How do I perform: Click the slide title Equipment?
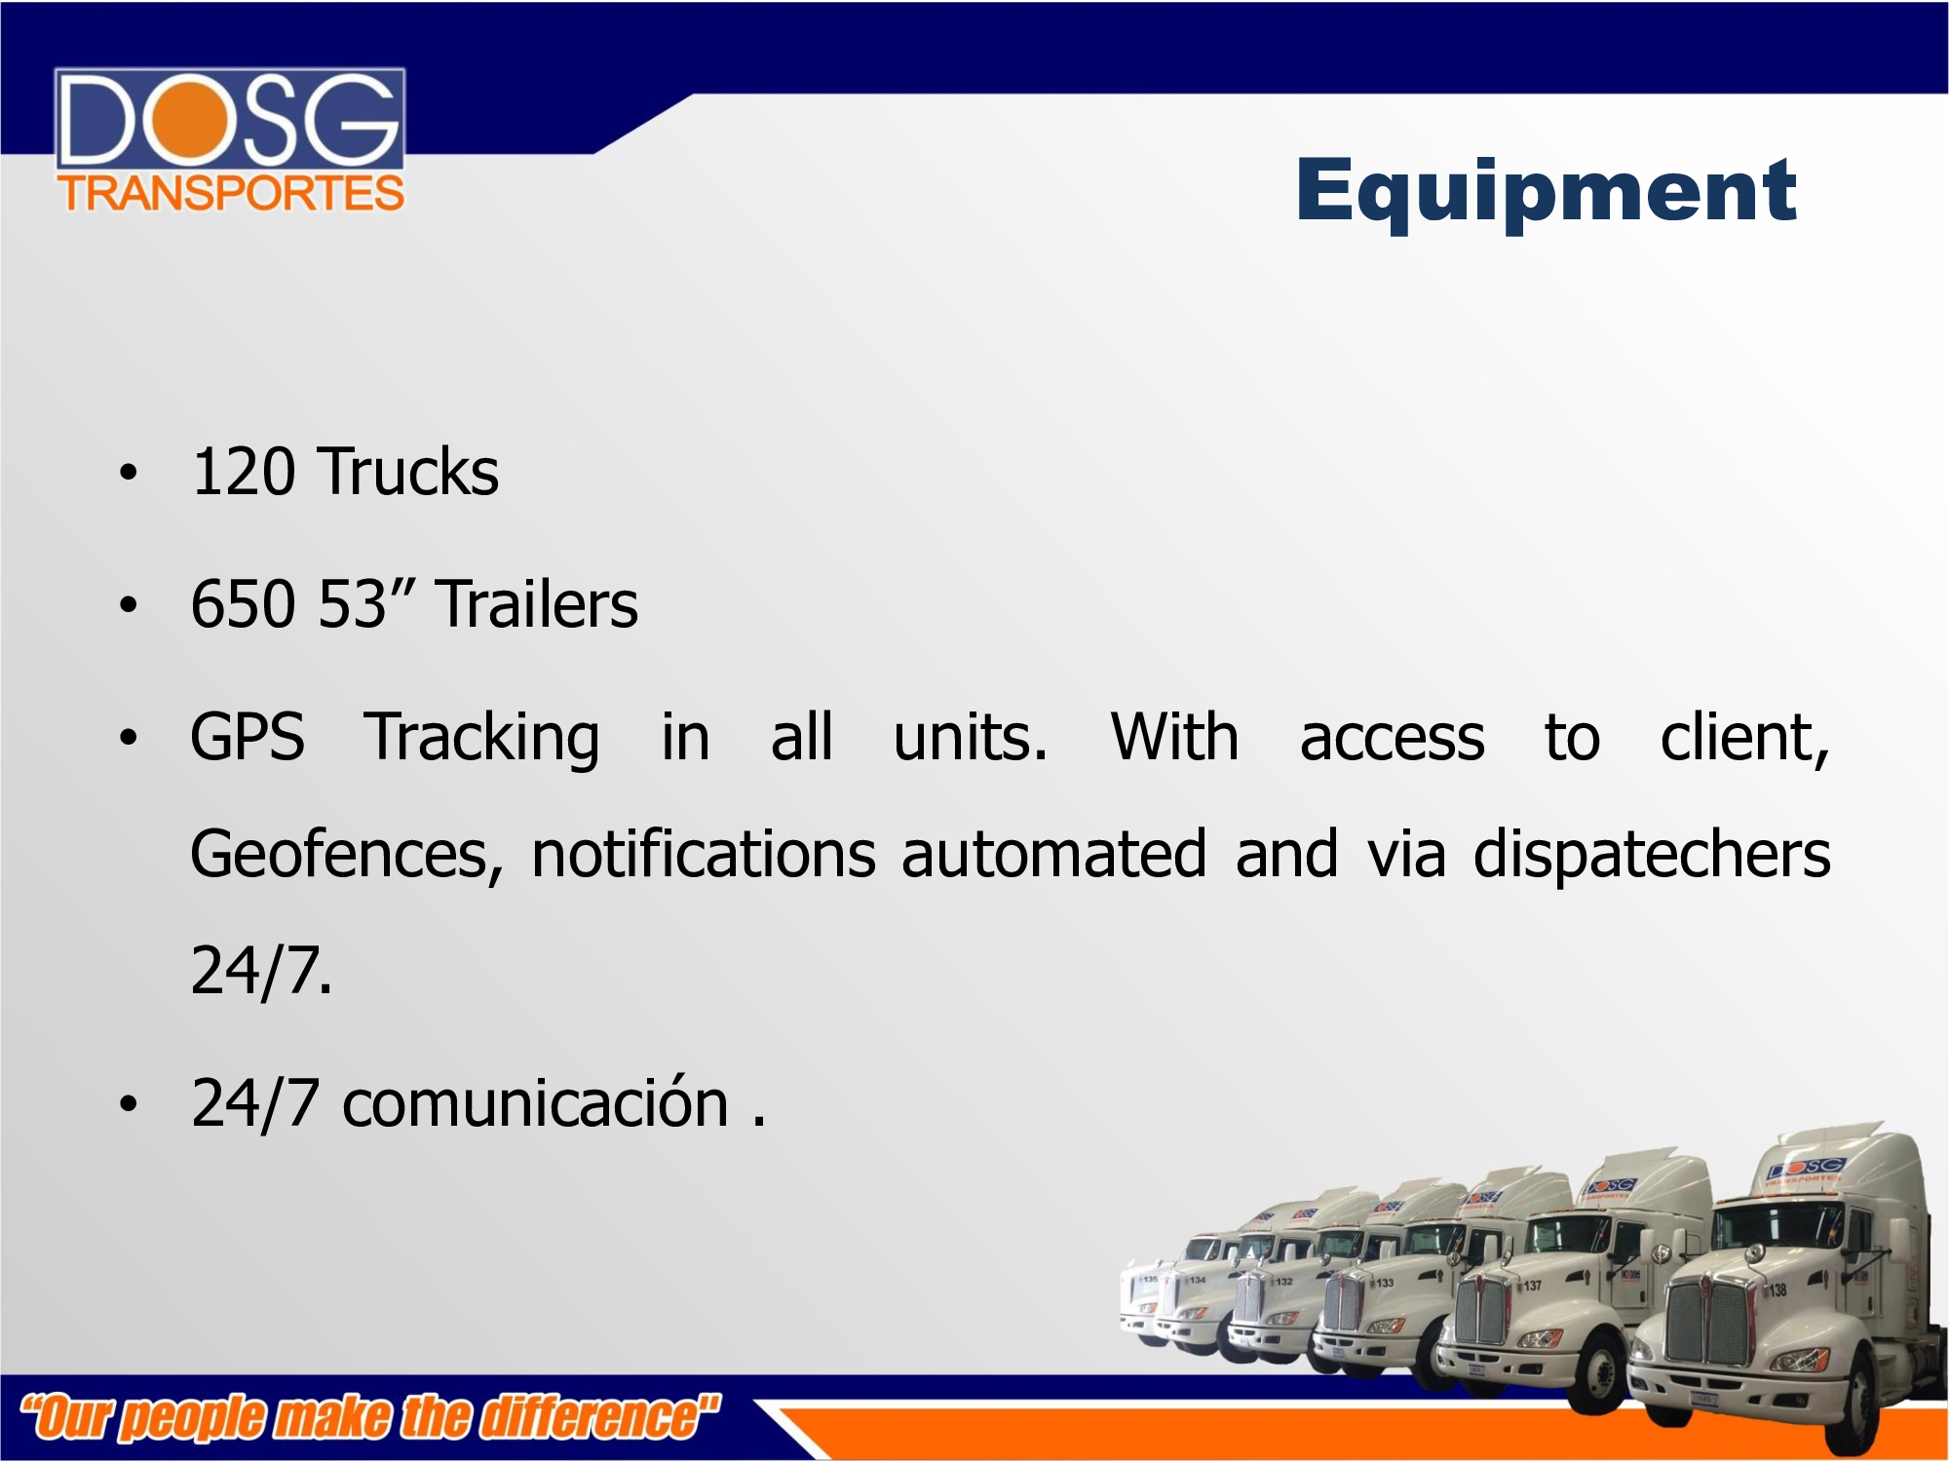(1546, 193)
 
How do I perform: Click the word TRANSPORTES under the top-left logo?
(231, 193)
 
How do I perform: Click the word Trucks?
(409, 472)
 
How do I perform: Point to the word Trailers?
(537, 604)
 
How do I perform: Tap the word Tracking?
(482, 739)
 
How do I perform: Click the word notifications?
(704, 854)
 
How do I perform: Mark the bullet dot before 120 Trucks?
(129, 474)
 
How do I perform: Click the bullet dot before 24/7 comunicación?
(129, 1104)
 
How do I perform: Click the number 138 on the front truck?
(1777, 1290)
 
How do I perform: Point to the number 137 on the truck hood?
(1533, 1286)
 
